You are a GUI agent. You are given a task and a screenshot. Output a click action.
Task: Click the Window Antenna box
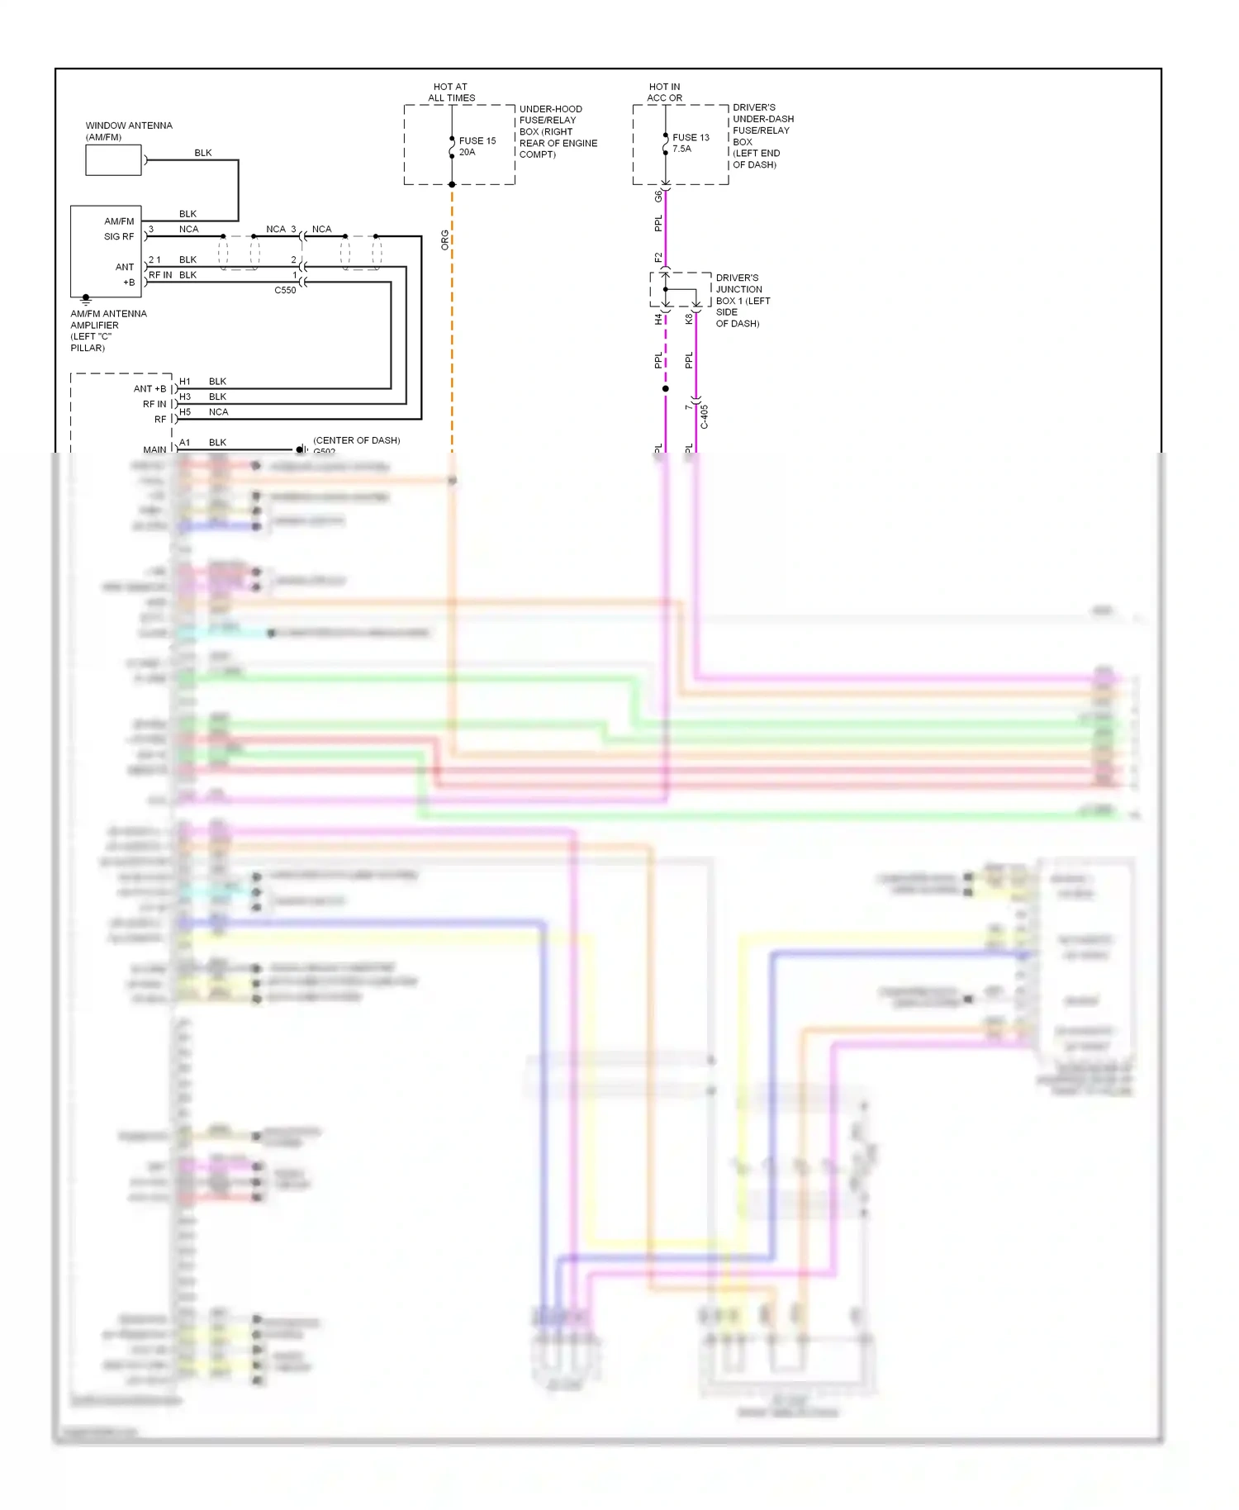(113, 160)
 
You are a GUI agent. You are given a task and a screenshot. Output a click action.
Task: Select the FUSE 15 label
(477, 140)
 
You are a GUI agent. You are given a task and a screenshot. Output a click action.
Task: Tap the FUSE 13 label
(691, 137)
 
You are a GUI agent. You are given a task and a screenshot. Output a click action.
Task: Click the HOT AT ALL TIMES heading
(451, 92)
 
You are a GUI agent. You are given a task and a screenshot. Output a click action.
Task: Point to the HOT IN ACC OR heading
(664, 92)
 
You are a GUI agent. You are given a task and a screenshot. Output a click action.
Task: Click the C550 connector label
(285, 290)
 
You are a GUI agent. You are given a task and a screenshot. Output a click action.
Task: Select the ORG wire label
(444, 240)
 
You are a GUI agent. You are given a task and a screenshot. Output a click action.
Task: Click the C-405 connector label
(705, 416)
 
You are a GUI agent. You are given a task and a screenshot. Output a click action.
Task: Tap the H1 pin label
(185, 382)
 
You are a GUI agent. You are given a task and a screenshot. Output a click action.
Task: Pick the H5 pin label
(185, 412)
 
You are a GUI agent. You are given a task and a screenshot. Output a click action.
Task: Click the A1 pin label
(185, 443)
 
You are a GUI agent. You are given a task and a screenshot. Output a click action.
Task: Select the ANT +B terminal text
(150, 389)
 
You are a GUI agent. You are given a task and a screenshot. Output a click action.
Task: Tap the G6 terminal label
(658, 197)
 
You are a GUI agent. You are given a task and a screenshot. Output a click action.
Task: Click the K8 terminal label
(689, 319)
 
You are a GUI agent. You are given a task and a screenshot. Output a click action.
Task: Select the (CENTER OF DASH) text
(356, 440)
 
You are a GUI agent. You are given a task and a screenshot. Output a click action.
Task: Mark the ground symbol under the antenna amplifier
(86, 301)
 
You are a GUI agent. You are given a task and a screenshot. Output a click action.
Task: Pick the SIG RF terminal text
(119, 236)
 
